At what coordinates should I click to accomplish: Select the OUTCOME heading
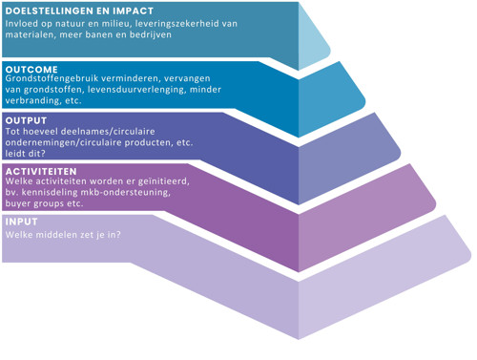click(31, 69)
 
